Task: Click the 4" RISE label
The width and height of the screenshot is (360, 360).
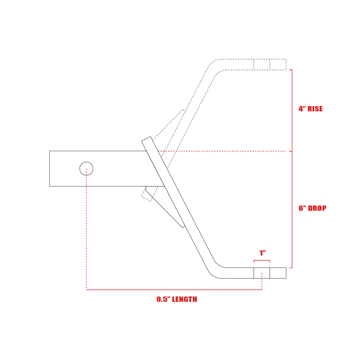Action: click(x=310, y=109)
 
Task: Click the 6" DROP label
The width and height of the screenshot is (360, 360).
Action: click(x=312, y=208)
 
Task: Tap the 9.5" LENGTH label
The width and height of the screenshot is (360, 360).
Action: click(x=176, y=300)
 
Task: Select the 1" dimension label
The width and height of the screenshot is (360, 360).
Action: click(x=262, y=253)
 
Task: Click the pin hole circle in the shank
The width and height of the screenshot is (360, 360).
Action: click(x=86, y=169)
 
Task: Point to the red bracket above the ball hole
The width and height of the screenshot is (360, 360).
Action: click(x=262, y=261)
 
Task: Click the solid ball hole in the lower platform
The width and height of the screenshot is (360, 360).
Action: click(x=262, y=273)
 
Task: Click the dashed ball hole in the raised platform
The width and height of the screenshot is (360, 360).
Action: click(x=262, y=64)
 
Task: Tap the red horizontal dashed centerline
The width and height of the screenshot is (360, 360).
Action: click(x=225, y=151)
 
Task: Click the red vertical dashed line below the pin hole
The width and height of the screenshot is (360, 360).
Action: click(x=86, y=232)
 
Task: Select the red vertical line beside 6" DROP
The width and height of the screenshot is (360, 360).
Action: click(x=292, y=210)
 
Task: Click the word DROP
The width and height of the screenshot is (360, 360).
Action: click(x=317, y=208)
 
